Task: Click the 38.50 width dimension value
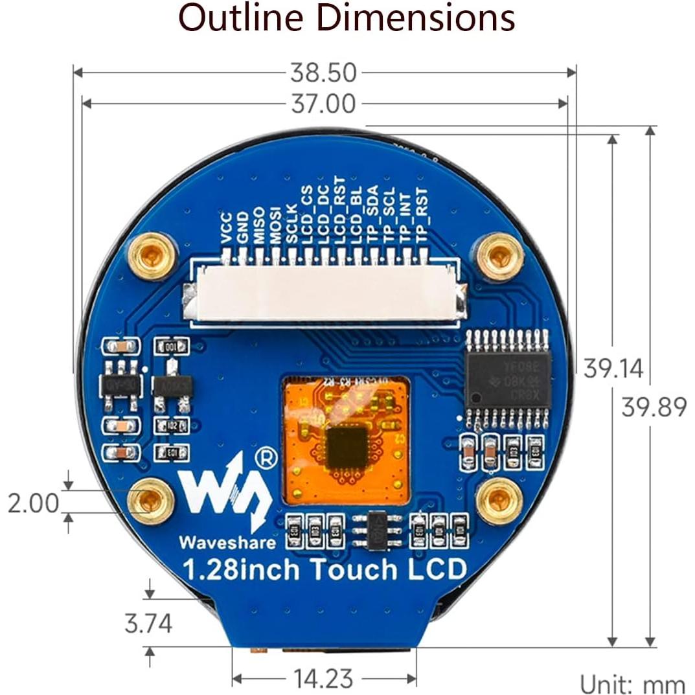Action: coord(323,73)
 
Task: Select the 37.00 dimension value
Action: coord(323,104)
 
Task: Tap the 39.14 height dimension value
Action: coord(613,369)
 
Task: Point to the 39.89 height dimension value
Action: coord(653,407)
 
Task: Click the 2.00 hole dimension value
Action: coord(33,503)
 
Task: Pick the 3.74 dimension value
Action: coord(148,624)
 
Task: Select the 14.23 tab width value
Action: coord(323,679)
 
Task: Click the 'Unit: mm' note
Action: coord(632,684)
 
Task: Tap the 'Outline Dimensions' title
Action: coord(347,18)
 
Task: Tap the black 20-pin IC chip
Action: coord(507,379)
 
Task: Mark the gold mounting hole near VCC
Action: coord(152,256)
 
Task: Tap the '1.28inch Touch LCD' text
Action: coord(324,570)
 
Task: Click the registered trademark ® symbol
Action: coord(266,458)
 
